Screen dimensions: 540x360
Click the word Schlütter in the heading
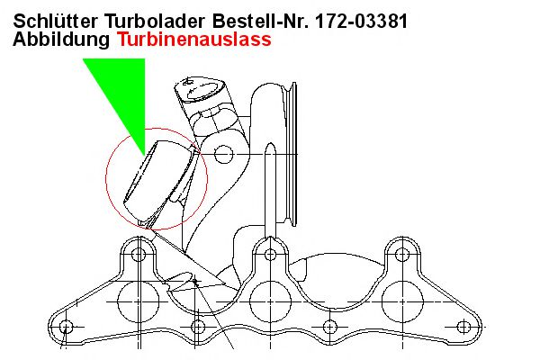55,21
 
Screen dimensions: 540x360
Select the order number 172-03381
361,21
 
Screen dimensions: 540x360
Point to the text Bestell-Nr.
260,21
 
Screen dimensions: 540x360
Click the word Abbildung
61,40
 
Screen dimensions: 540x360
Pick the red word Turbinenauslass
194,39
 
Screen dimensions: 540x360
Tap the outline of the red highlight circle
105,179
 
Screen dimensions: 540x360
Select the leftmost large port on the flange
139,301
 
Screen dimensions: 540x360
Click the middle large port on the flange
271,301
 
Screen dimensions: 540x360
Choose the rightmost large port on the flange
402,301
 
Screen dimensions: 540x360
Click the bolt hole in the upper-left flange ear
139,255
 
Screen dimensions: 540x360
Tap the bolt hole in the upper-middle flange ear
271,255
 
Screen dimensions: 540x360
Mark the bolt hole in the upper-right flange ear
402,255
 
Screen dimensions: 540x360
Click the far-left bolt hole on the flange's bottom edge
66,326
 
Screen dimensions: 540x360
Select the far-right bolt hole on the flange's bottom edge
463,326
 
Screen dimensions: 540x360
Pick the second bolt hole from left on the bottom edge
198,326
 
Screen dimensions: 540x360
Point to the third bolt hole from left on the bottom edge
330,326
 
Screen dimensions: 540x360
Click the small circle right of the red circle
224,154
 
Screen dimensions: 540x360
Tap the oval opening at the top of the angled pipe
204,91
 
